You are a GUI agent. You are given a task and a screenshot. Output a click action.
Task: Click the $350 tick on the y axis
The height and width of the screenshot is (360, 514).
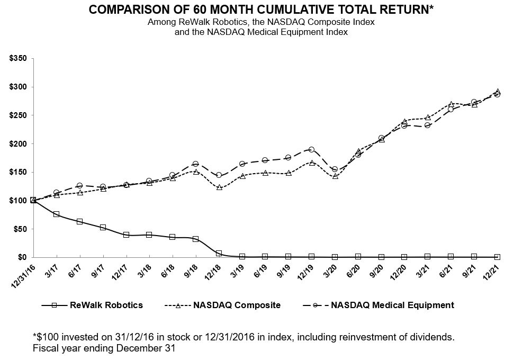click(x=18, y=59)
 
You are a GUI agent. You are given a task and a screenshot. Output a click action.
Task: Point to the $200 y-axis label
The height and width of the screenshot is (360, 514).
click(x=18, y=144)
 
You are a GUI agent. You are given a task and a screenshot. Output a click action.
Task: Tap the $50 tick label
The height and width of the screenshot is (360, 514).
click(x=20, y=229)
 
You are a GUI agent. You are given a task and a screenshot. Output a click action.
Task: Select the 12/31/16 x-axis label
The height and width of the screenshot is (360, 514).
click(x=24, y=275)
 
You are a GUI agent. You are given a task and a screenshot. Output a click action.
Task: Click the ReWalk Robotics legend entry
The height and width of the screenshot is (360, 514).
click(x=92, y=305)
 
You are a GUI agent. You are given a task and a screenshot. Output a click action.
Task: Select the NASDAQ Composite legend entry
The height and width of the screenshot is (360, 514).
click(x=222, y=305)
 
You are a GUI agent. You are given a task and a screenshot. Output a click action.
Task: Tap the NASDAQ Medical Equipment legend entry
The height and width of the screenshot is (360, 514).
click(x=378, y=305)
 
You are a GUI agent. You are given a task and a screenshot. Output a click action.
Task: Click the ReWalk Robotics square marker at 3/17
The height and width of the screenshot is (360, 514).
click(x=57, y=214)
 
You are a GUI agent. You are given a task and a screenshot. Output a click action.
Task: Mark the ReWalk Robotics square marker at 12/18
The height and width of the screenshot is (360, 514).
click(x=219, y=253)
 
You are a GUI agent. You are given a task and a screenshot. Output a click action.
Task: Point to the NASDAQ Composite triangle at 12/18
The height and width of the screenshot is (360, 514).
click(x=219, y=187)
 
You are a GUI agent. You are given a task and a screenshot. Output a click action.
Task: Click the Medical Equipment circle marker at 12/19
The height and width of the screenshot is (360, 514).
click(x=311, y=150)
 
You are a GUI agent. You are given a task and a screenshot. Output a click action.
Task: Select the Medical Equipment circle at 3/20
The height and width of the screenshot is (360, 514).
click(x=335, y=169)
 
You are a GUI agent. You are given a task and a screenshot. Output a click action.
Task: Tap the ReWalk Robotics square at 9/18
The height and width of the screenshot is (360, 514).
click(x=196, y=239)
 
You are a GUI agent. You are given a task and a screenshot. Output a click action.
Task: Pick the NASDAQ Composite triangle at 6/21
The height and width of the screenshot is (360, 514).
click(x=450, y=104)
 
